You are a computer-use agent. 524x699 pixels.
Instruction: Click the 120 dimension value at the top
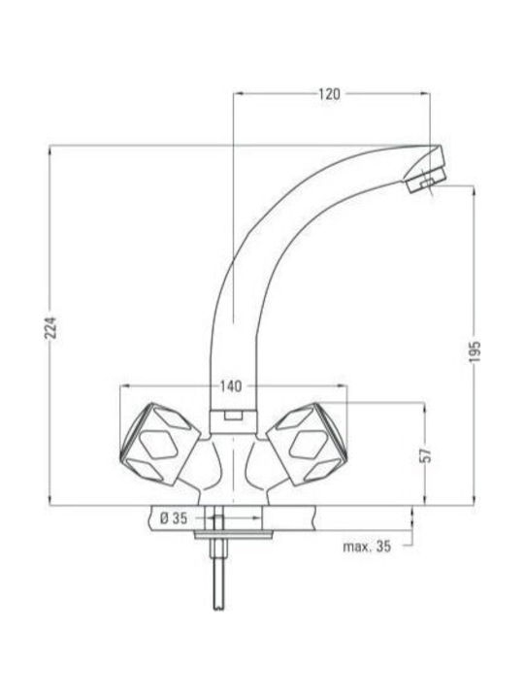(x=329, y=94)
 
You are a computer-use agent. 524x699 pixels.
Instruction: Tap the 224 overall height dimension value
(x=50, y=328)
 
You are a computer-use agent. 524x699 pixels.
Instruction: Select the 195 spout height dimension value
(x=475, y=351)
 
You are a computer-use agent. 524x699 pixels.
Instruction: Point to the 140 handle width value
(x=231, y=386)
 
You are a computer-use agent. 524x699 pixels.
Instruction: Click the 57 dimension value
(x=426, y=454)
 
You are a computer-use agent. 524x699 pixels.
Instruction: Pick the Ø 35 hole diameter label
(x=174, y=518)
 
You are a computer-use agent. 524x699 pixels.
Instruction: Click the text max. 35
(x=367, y=546)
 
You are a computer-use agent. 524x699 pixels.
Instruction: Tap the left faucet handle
(x=159, y=445)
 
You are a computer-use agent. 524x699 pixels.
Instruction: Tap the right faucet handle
(x=307, y=445)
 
